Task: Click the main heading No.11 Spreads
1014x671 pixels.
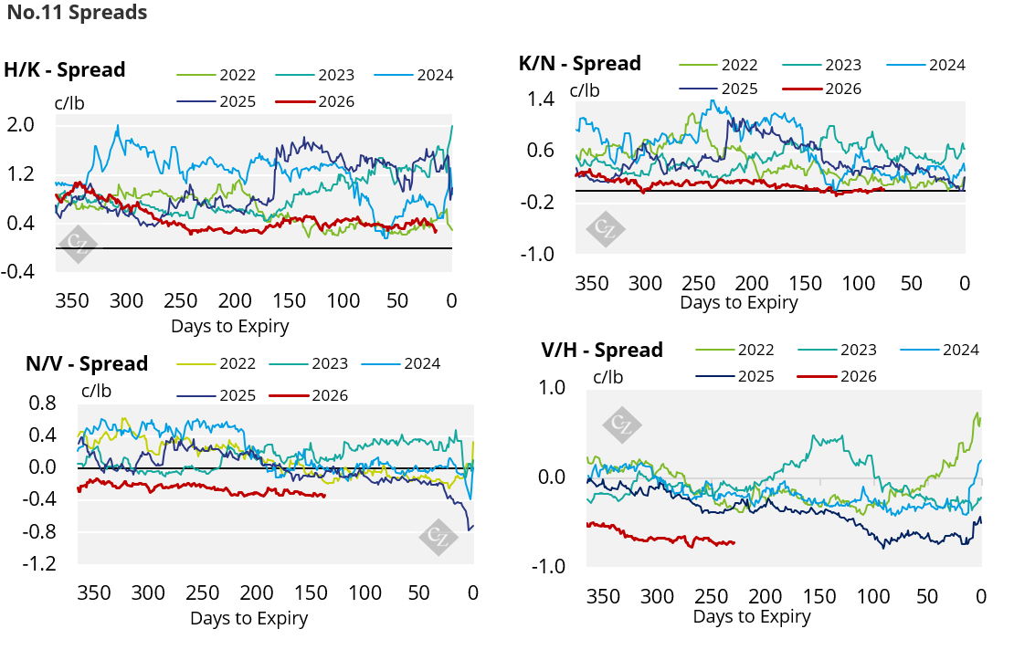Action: (x=77, y=12)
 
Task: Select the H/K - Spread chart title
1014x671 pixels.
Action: (x=65, y=69)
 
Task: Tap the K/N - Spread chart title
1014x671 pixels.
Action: (x=580, y=63)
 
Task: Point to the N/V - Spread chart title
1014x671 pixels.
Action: (x=87, y=363)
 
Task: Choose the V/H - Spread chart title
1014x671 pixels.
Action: (x=602, y=350)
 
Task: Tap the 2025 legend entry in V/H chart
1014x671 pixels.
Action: (x=735, y=376)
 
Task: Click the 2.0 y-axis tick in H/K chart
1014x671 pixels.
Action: (x=21, y=124)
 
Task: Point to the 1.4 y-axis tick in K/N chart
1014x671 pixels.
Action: (x=541, y=99)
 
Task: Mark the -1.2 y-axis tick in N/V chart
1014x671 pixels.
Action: (x=38, y=563)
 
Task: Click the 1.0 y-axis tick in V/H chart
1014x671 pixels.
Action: (x=552, y=387)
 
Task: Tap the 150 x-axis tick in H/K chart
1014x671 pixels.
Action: (x=289, y=300)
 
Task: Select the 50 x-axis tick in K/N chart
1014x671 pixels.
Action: (x=911, y=283)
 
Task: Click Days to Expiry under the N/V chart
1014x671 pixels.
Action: (x=249, y=619)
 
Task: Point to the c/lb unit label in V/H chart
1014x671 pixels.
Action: (x=607, y=377)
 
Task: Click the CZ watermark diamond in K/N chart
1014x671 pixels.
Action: (x=606, y=229)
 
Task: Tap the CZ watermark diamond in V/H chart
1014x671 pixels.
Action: (x=621, y=425)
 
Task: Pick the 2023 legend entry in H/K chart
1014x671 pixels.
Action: (x=315, y=75)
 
